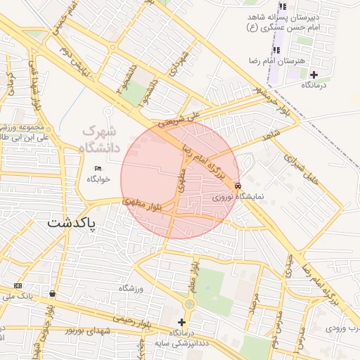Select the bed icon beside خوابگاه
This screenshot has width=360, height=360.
[98, 168]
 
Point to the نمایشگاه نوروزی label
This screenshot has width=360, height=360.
[238, 198]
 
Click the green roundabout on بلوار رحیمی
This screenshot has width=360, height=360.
[189, 304]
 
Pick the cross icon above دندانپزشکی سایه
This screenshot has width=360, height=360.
[181, 322]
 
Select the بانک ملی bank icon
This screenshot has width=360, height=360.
[18, 285]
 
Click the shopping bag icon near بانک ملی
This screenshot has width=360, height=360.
[53, 293]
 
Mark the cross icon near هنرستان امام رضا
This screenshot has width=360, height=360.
[314, 75]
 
